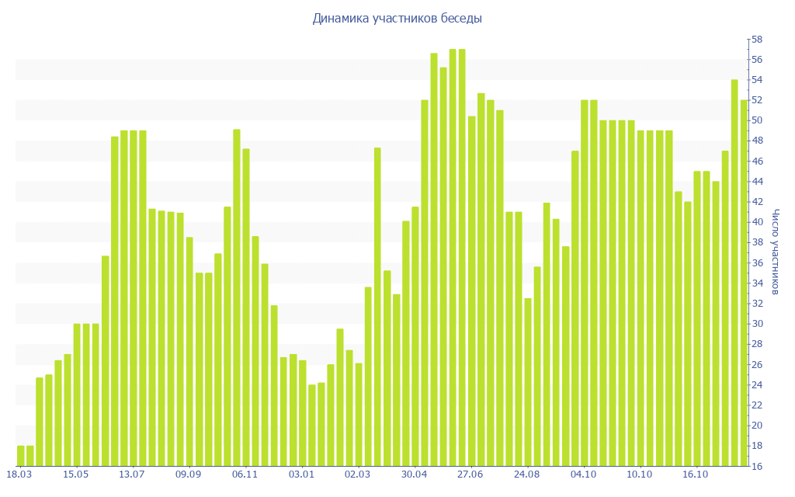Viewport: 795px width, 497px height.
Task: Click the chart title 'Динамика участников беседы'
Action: point(397,18)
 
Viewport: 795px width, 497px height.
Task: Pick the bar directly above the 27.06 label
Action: point(471,291)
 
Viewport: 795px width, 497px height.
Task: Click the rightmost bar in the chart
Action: point(744,283)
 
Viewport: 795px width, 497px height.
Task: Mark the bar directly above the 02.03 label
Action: point(359,415)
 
